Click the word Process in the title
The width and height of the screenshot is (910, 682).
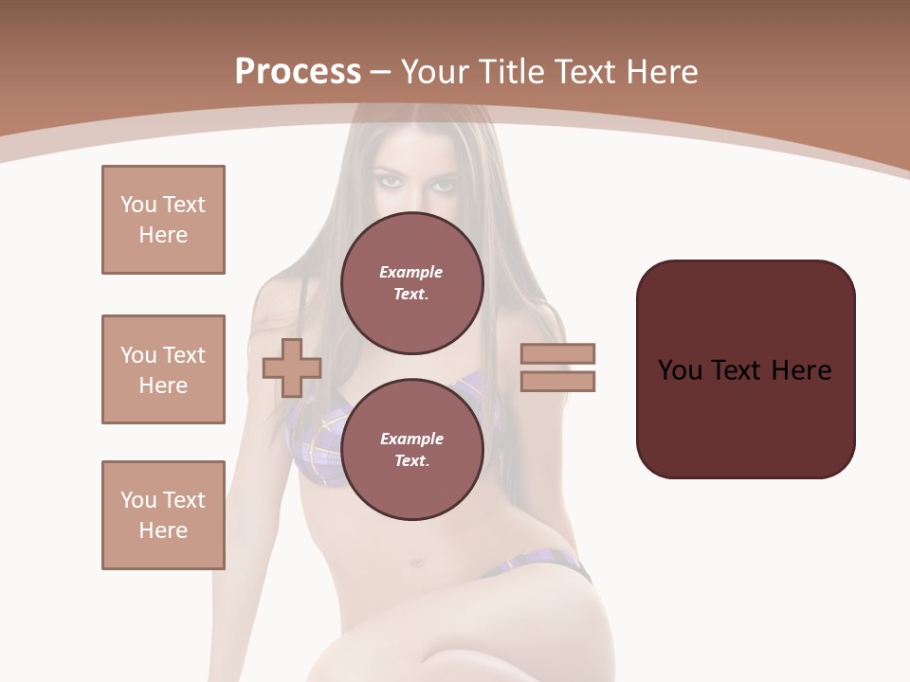point(298,72)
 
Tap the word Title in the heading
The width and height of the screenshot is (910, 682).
point(509,72)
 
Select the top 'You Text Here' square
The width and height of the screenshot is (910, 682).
point(163,220)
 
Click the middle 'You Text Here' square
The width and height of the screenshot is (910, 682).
point(163,369)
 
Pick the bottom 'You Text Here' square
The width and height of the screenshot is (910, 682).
point(163,515)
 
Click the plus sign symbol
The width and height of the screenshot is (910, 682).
point(292,368)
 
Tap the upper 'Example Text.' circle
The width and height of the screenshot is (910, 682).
point(411,283)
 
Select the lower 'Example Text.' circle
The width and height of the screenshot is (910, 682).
point(411,449)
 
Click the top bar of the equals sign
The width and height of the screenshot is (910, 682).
point(557,353)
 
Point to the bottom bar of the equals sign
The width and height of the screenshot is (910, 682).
point(557,381)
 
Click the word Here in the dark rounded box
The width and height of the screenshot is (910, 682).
point(801,370)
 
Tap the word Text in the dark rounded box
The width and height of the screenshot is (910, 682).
point(737,370)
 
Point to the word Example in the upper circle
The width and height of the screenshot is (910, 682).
point(411,273)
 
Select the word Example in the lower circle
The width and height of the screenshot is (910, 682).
point(411,440)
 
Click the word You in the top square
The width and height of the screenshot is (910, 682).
point(137,205)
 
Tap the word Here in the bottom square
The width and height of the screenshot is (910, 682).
point(163,530)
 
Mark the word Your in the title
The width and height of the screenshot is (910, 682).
point(433,72)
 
